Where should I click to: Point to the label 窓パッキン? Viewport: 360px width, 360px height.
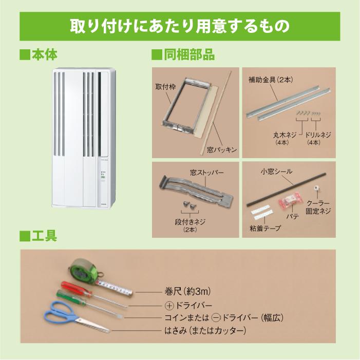click(222, 149)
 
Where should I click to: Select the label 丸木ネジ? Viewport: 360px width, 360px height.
click(282, 135)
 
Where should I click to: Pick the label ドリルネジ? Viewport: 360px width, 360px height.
click(317, 135)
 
